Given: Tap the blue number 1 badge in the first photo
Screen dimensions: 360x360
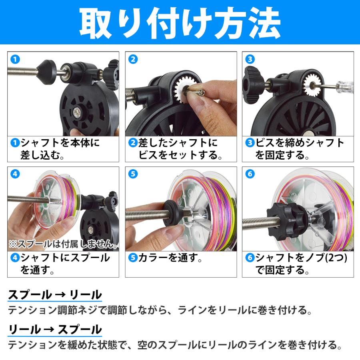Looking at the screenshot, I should pos(15,60).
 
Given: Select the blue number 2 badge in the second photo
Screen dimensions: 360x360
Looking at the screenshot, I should pos(133,60).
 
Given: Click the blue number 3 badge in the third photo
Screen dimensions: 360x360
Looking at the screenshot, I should pos(250,60).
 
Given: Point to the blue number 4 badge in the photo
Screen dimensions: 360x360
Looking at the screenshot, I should pos(15,174).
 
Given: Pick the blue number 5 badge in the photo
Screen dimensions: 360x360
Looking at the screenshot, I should pos(133,174).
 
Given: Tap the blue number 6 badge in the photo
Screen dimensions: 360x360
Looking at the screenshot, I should pos(250,174).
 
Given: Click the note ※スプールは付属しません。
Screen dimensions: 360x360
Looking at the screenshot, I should pos(63,244).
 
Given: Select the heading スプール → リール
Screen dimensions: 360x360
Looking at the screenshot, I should pos(55,295).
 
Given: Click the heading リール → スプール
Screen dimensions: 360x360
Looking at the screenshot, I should pos(55,330).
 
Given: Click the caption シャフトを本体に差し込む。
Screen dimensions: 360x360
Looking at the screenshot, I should pos(60,149).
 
